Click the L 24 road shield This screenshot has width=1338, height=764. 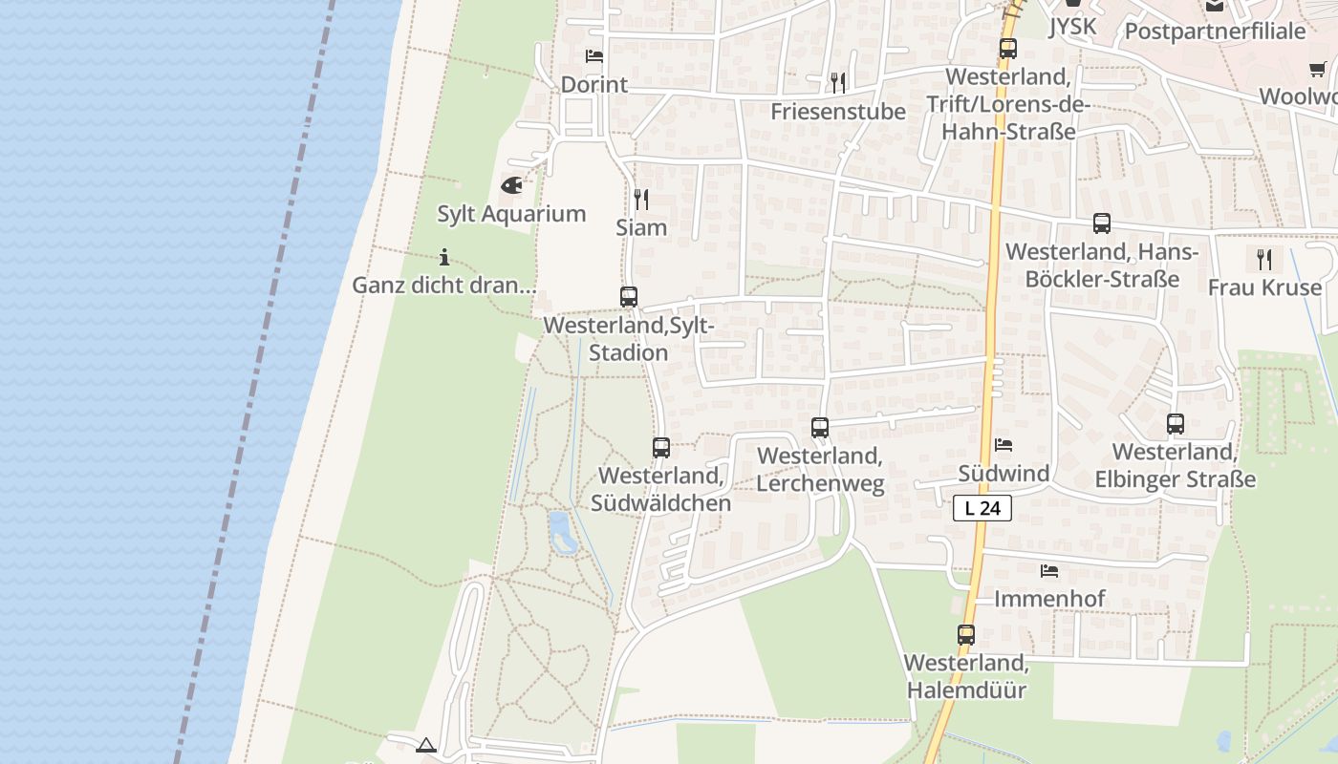coord(982,508)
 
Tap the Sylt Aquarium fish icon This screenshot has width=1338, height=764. coord(511,184)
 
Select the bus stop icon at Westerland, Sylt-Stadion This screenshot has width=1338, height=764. coord(628,296)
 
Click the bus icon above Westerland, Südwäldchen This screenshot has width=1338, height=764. coord(660,447)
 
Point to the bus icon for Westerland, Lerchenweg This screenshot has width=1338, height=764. coord(819,427)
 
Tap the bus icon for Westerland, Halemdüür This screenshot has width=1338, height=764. coord(966,634)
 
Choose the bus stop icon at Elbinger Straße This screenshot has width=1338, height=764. coord(1176,423)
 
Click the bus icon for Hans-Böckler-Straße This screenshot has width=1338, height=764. coord(1102,223)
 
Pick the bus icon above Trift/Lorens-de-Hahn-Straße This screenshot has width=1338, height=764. coord(1008,49)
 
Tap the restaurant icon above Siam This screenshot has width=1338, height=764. coord(641,199)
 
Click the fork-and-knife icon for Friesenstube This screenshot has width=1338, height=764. coord(838,82)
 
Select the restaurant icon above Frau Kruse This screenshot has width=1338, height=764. coord(1264,259)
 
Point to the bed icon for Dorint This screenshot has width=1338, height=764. coord(593,55)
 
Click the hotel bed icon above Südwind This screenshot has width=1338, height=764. coord(1003,444)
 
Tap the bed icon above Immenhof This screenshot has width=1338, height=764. coord(1049,571)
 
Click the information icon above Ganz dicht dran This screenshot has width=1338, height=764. coord(443,256)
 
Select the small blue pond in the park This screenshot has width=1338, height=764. coord(562,532)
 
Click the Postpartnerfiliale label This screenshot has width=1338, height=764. coord(1215,31)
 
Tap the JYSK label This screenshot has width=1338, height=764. coord(1072,27)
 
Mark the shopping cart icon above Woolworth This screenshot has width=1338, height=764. coord(1318,69)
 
